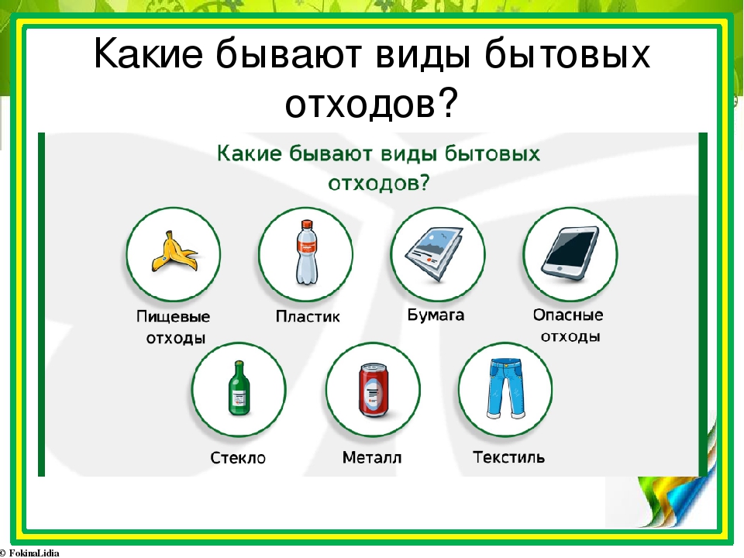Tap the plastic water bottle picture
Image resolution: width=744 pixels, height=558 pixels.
click(x=307, y=253)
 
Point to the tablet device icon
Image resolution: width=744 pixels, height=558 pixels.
click(x=570, y=251)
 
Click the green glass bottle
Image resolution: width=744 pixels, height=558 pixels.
click(x=239, y=388)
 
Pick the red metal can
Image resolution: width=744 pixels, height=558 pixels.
click(x=373, y=390)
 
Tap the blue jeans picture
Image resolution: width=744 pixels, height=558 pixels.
click(x=506, y=388)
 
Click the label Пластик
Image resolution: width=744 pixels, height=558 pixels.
click(x=308, y=316)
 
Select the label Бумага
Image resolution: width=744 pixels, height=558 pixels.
click(x=436, y=315)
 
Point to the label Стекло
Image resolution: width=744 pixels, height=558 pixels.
click(x=238, y=458)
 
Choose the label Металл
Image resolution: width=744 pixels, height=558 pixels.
click(x=372, y=457)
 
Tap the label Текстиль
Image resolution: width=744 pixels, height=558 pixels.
click(x=508, y=457)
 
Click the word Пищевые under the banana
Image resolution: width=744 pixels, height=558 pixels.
click(x=173, y=317)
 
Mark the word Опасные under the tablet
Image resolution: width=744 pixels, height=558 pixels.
click(x=568, y=315)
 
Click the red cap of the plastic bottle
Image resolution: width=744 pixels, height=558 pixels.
click(x=307, y=223)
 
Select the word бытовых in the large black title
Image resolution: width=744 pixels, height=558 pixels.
click(x=567, y=53)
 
